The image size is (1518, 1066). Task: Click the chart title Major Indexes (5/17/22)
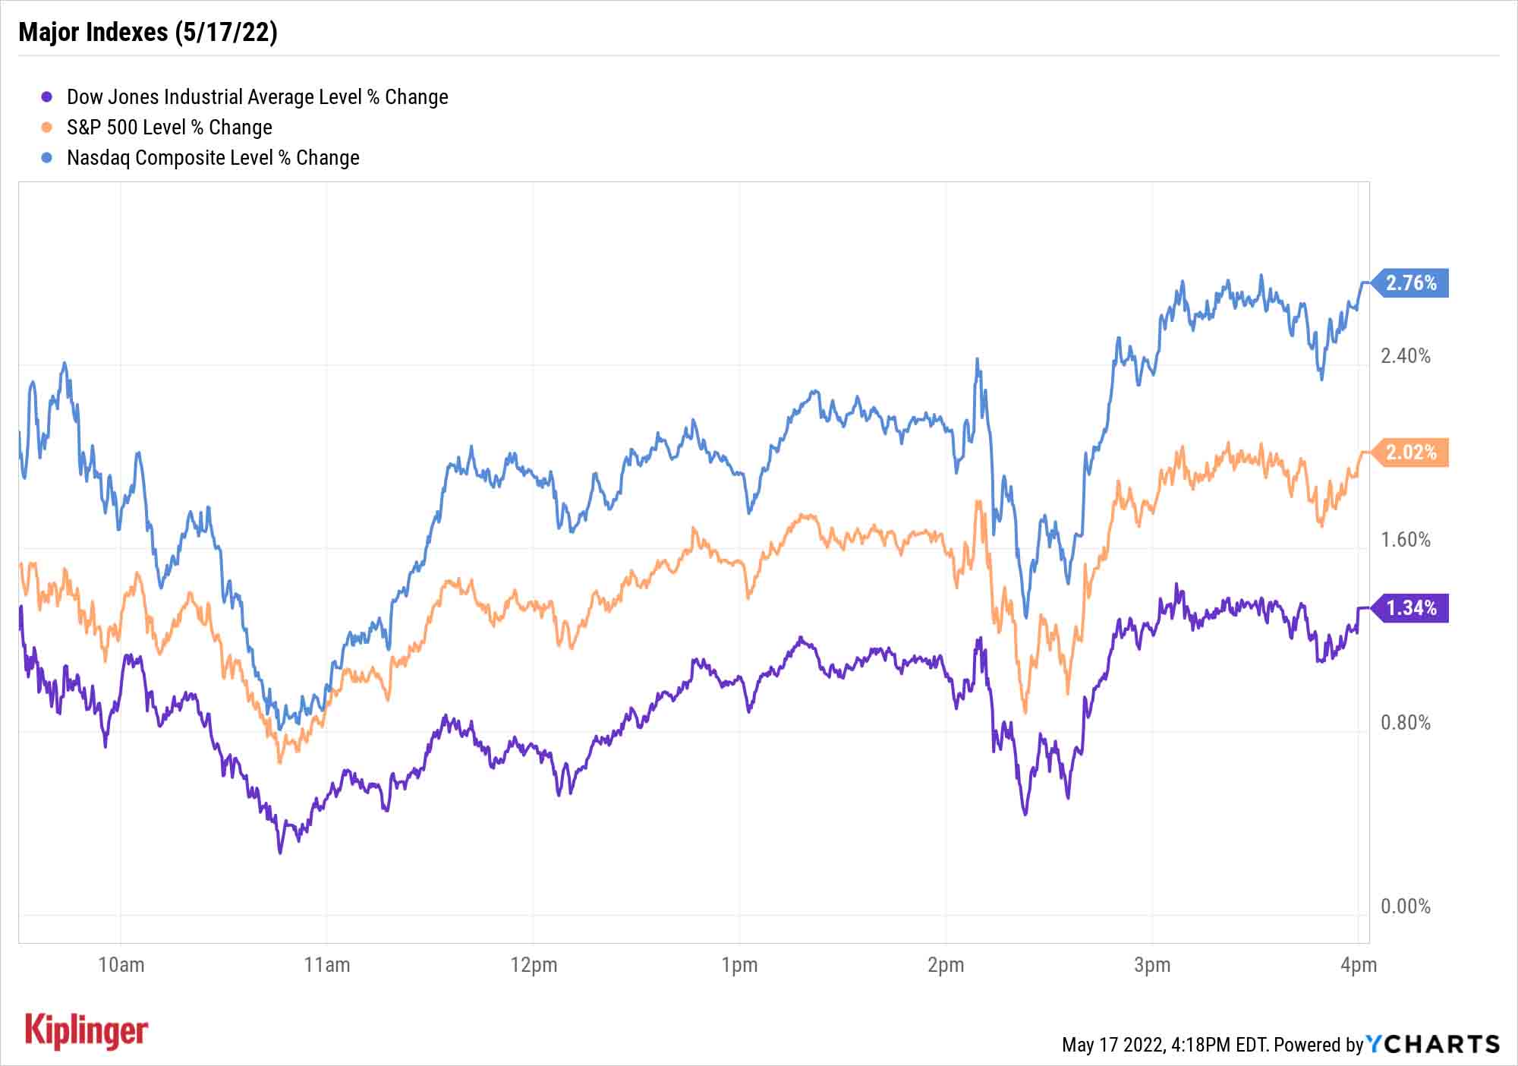(148, 32)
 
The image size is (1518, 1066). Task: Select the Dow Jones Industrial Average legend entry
(257, 97)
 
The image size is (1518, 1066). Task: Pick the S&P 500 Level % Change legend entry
(169, 128)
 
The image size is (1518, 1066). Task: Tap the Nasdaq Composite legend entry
(213, 158)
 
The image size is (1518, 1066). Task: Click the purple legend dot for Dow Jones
(47, 97)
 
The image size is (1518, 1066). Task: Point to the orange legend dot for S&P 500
(47, 128)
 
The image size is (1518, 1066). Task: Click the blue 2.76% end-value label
(1411, 283)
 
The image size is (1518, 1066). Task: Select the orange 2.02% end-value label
(1411, 453)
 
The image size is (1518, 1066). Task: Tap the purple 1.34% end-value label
(1411, 608)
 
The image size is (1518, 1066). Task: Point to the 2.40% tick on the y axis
(1405, 356)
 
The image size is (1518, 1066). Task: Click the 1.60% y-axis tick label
(1405, 540)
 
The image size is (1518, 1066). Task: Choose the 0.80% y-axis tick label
(1405, 723)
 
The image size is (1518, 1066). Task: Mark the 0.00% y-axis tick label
(1405, 907)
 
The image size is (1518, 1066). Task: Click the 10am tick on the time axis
(121, 965)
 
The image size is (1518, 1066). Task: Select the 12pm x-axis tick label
(534, 965)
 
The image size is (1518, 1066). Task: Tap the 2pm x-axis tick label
(946, 965)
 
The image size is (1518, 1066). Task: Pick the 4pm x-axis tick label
(1358, 965)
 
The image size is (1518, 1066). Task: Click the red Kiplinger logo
(87, 1031)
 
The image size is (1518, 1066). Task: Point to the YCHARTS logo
(1433, 1044)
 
